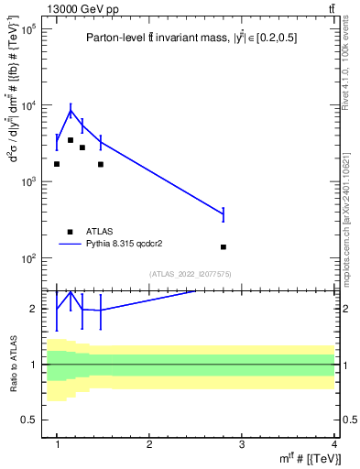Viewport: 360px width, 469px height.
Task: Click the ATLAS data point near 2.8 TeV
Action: pos(224,247)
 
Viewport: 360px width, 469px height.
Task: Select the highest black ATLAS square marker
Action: pos(71,140)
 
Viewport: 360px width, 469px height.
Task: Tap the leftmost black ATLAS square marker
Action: pos(57,164)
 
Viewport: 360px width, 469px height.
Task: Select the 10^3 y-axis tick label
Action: pos(28,182)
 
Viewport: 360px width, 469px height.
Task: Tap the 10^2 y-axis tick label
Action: pos(28,258)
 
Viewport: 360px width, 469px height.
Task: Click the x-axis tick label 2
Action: pos(149,444)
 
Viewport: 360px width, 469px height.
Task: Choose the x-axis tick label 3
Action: pos(242,444)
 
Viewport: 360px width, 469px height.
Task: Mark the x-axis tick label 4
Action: pos(333,444)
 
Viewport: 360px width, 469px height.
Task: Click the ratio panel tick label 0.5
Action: pos(27,420)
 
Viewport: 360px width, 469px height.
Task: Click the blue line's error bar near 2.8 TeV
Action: pos(224,214)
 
